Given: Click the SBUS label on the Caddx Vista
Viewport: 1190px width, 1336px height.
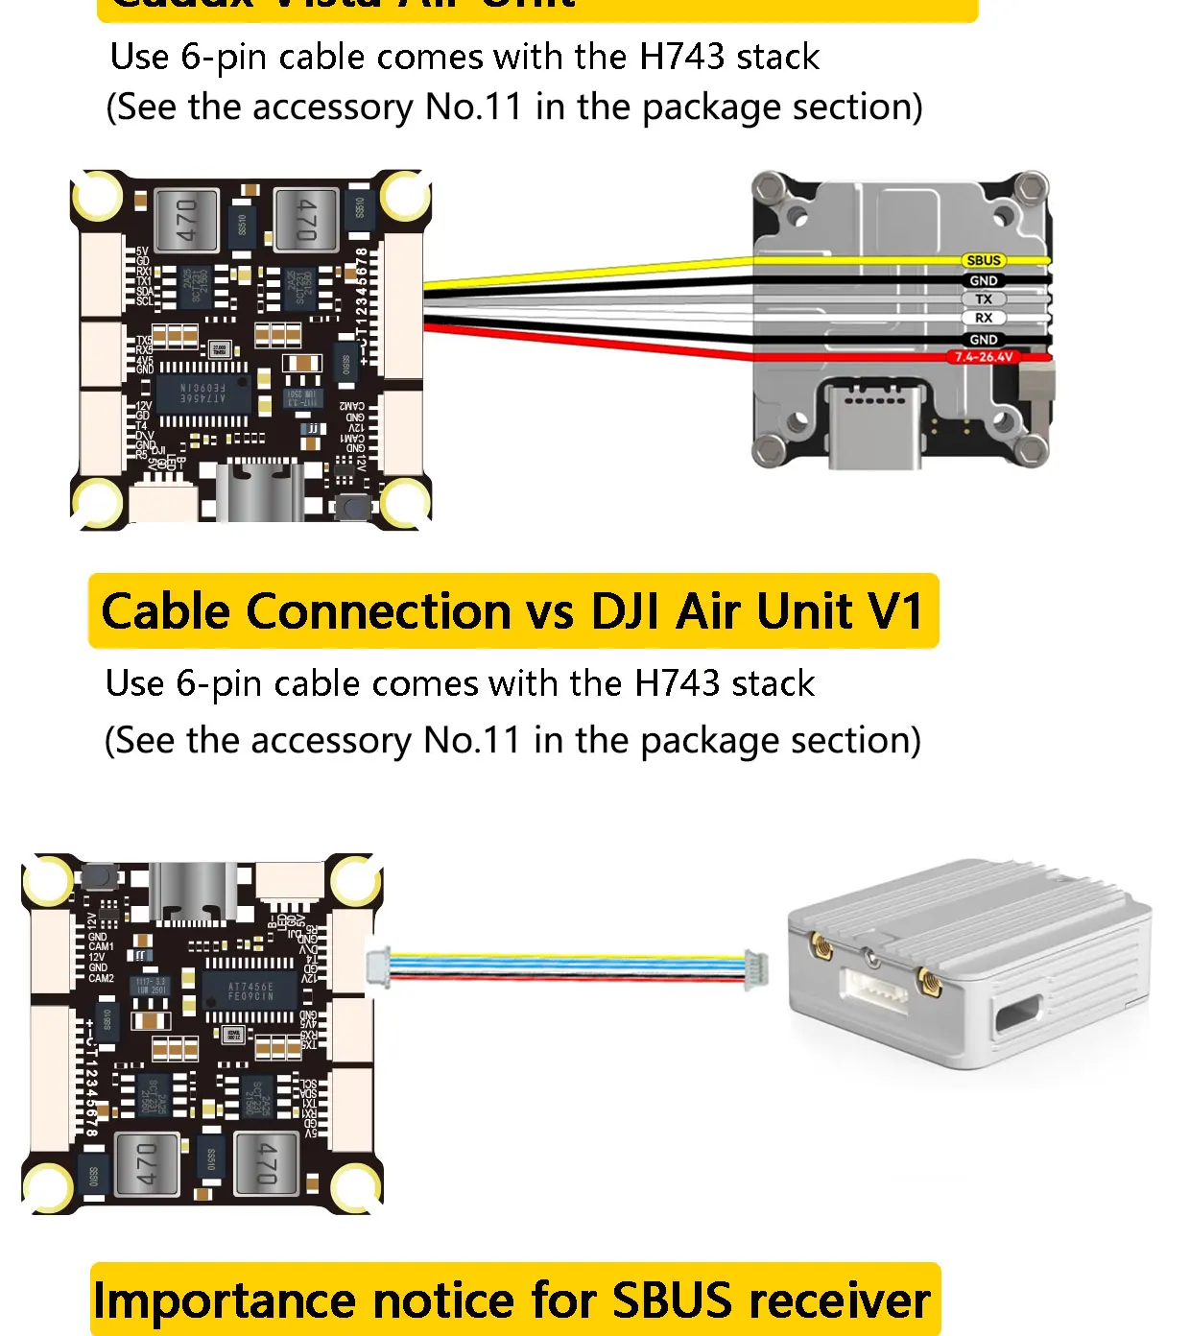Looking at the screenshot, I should point(984,260).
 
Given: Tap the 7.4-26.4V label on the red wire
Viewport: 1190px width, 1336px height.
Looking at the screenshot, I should point(983,357).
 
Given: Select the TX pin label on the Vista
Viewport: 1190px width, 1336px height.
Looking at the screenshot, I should point(984,299).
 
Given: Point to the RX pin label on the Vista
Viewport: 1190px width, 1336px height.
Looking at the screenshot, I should point(984,318).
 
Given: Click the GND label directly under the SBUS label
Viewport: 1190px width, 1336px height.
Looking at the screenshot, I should point(984,280).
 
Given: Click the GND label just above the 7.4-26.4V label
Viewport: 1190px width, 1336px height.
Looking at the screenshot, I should point(984,340).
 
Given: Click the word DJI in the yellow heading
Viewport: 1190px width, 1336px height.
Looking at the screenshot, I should point(626,611).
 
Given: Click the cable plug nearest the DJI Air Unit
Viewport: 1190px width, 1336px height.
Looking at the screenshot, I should point(757,969).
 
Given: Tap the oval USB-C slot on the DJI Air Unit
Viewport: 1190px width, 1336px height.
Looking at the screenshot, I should point(1018,1013).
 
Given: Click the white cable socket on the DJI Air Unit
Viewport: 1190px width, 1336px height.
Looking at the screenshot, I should point(873,989).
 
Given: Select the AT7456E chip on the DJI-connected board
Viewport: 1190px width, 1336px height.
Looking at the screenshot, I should point(250,991).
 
